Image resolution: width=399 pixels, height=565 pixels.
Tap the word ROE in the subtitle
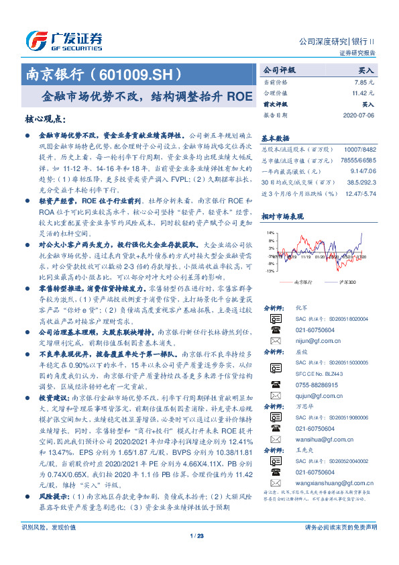(x=235, y=96)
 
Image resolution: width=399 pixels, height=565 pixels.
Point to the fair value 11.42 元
(x=363, y=93)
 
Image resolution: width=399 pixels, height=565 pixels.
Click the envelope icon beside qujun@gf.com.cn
(x=274, y=396)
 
